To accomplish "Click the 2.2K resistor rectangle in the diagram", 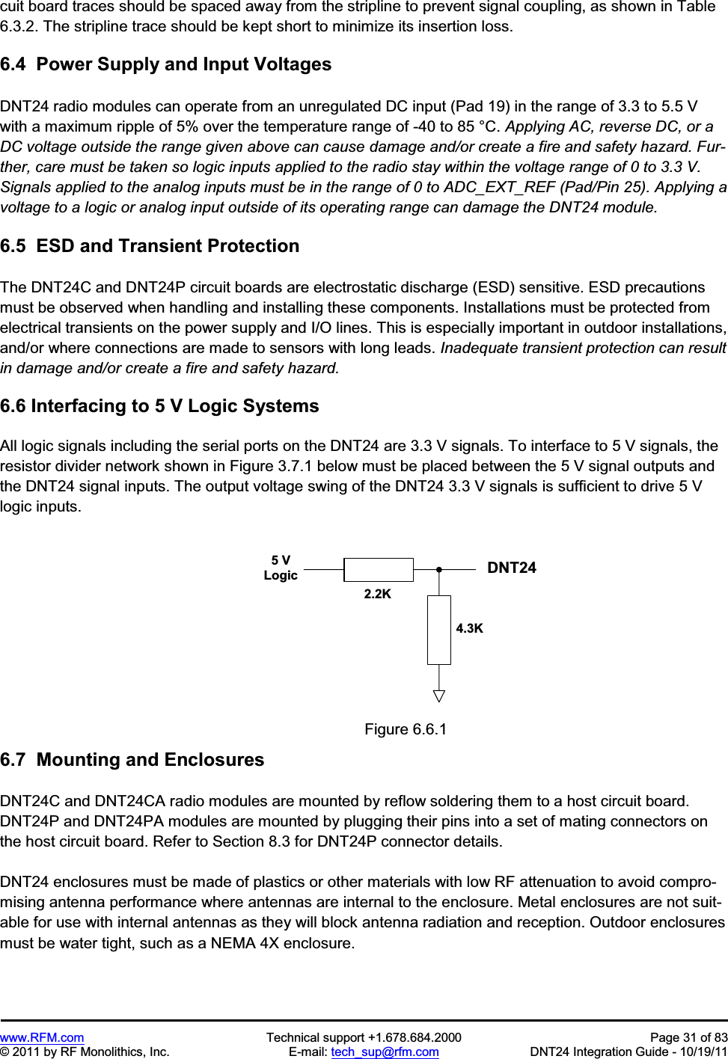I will [x=378, y=570].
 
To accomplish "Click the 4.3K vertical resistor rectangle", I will [x=439, y=630].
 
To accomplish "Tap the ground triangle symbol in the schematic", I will [x=439, y=696].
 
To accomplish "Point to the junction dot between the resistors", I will [x=439, y=570].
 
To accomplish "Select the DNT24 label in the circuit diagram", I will [x=512, y=568].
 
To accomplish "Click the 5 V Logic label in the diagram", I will [x=281, y=568].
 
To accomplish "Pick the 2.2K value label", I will [x=378, y=594].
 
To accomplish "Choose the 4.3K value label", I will [x=470, y=628].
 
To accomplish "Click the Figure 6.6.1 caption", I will [x=406, y=729].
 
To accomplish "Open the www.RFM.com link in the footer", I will [x=42, y=1037].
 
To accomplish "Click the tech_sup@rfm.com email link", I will [x=385, y=1052].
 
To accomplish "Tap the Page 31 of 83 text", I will [x=688, y=1037].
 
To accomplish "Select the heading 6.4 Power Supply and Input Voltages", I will [x=166, y=64].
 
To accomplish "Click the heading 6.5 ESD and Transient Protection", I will [x=150, y=246].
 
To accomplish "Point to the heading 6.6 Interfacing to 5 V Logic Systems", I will [x=159, y=406].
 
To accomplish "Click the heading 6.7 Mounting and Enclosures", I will [x=132, y=760].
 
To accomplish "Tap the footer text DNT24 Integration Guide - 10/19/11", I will [x=628, y=1052].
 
